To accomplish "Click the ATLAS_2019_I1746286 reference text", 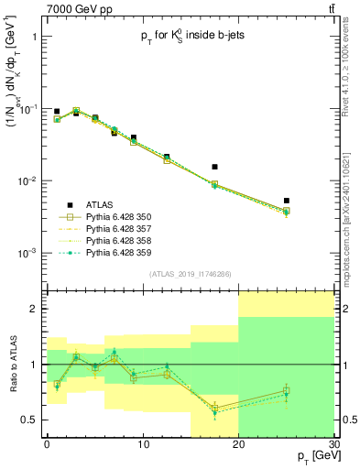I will (190, 274).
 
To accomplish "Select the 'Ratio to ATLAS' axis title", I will (12, 365).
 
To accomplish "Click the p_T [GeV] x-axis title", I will (310, 455).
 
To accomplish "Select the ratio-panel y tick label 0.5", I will (32, 420).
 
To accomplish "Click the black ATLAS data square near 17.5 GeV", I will (214, 167).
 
